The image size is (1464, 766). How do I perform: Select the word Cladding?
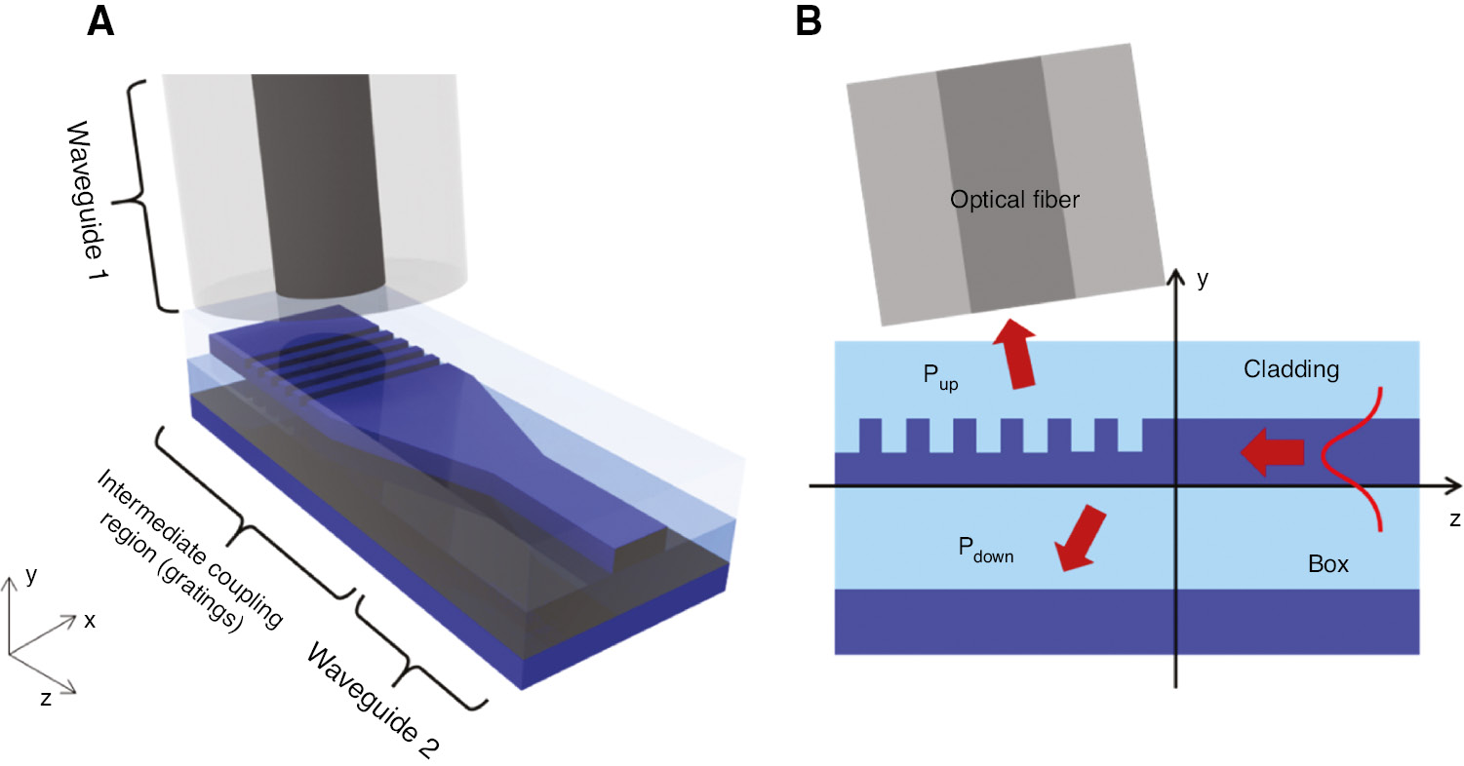point(1291,370)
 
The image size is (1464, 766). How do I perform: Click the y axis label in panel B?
point(1203,280)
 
